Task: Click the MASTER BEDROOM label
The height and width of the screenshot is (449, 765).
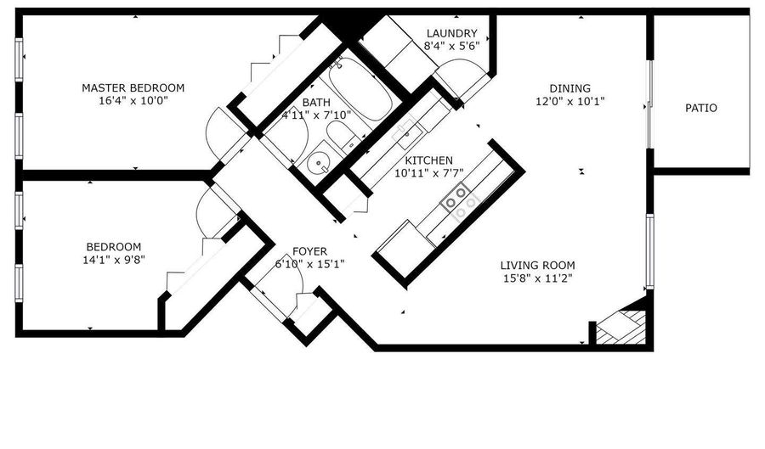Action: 133,87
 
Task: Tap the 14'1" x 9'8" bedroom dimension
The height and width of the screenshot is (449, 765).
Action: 109,261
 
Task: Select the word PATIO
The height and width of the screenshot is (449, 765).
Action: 701,108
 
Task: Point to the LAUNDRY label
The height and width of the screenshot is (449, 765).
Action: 445,34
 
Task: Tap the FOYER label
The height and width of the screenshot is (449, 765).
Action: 310,250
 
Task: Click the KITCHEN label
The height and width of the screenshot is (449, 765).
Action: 428,160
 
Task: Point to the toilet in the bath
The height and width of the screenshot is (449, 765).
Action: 344,136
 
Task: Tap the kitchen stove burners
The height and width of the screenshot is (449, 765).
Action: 459,199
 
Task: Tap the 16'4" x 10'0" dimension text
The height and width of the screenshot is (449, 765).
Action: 133,101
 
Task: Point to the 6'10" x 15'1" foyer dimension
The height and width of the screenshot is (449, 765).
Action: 309,264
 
